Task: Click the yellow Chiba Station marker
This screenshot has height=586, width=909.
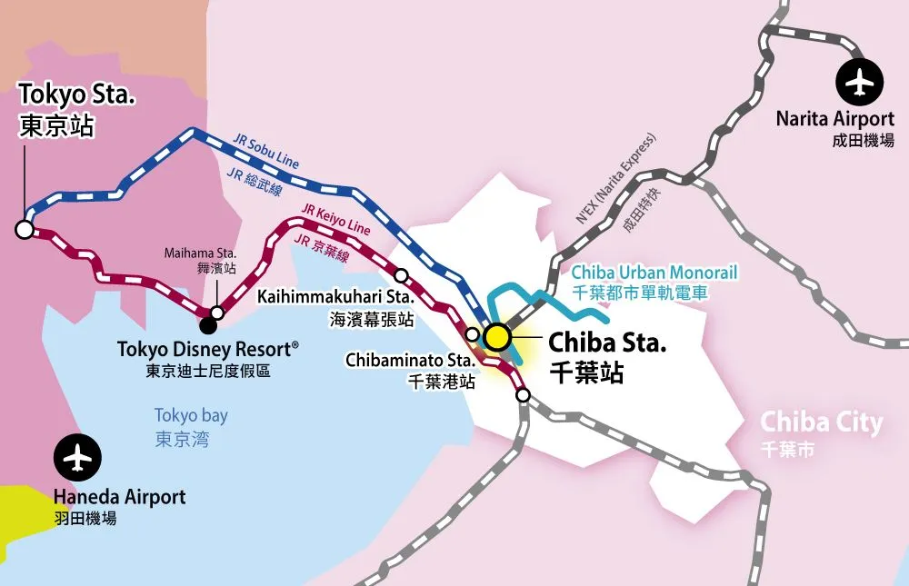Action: point(496,337)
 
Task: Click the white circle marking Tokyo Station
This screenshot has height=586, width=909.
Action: point(25,229)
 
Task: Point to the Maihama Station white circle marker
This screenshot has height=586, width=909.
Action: point(217,313)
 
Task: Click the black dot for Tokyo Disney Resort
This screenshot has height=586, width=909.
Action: point(208,323)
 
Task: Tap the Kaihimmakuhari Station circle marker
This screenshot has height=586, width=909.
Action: point(401,274)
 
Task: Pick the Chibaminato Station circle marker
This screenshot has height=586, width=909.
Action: point(472,333)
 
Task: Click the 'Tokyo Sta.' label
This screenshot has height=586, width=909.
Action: point(77,94)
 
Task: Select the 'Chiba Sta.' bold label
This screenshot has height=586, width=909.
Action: point(607,343)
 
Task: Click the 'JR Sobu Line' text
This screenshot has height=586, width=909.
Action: point(266,153)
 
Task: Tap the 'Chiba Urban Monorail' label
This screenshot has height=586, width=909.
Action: point(654,272)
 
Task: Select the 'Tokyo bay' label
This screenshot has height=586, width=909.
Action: point(191,415)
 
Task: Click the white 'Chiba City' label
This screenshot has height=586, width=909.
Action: point(821,422)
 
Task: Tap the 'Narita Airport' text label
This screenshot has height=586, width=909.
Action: point(834,119)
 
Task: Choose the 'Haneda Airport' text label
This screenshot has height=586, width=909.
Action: point(119,497)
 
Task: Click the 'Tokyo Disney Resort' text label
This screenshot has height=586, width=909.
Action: point(208,349)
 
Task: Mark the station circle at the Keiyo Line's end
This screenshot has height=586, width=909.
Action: point(523,394)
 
